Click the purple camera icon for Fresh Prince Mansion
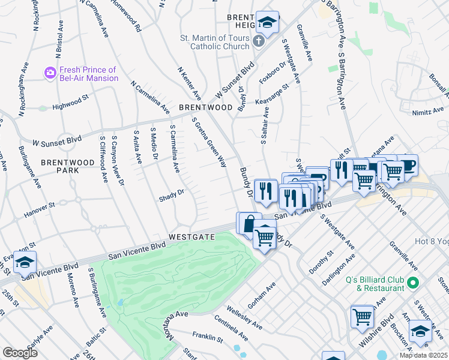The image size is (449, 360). (50, 73)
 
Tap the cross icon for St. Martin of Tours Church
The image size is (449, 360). (258, 42)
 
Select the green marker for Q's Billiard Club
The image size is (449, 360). (412, 282)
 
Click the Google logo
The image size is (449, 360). (20, 353)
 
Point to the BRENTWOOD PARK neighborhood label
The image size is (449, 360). (60, 166)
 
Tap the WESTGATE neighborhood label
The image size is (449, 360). (191, 237)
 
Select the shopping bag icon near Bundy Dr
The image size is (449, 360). (249, 223)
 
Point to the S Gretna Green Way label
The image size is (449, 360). (209, 142)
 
